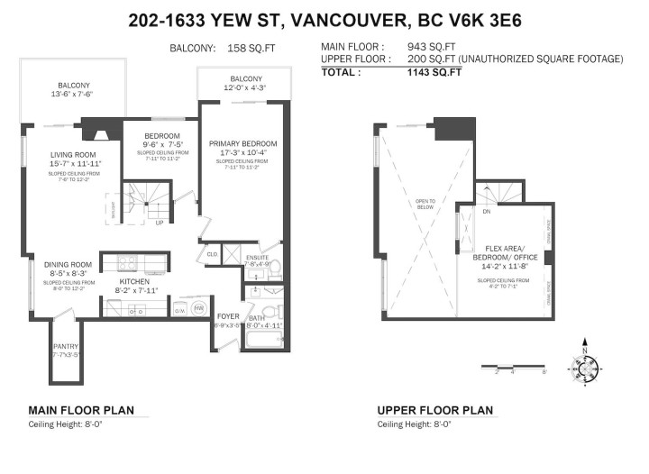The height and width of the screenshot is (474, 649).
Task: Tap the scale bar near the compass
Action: click(x=521, y=369)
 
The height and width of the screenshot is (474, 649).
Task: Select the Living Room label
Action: click(x=74, y=155)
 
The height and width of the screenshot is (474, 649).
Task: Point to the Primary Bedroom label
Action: click(x=242, y=143)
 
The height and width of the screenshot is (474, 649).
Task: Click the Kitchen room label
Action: click(x=134, y=281)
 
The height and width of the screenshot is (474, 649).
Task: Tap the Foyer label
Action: click(x=226, y=315)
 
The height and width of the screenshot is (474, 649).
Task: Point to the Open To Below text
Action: click(x=425, y=204)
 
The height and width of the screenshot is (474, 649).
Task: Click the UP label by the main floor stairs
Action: click(x=159, y=222)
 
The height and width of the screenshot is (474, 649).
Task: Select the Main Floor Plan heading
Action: click(x=81, y=410)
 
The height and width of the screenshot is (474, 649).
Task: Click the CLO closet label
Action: click(x=212, y=254)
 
